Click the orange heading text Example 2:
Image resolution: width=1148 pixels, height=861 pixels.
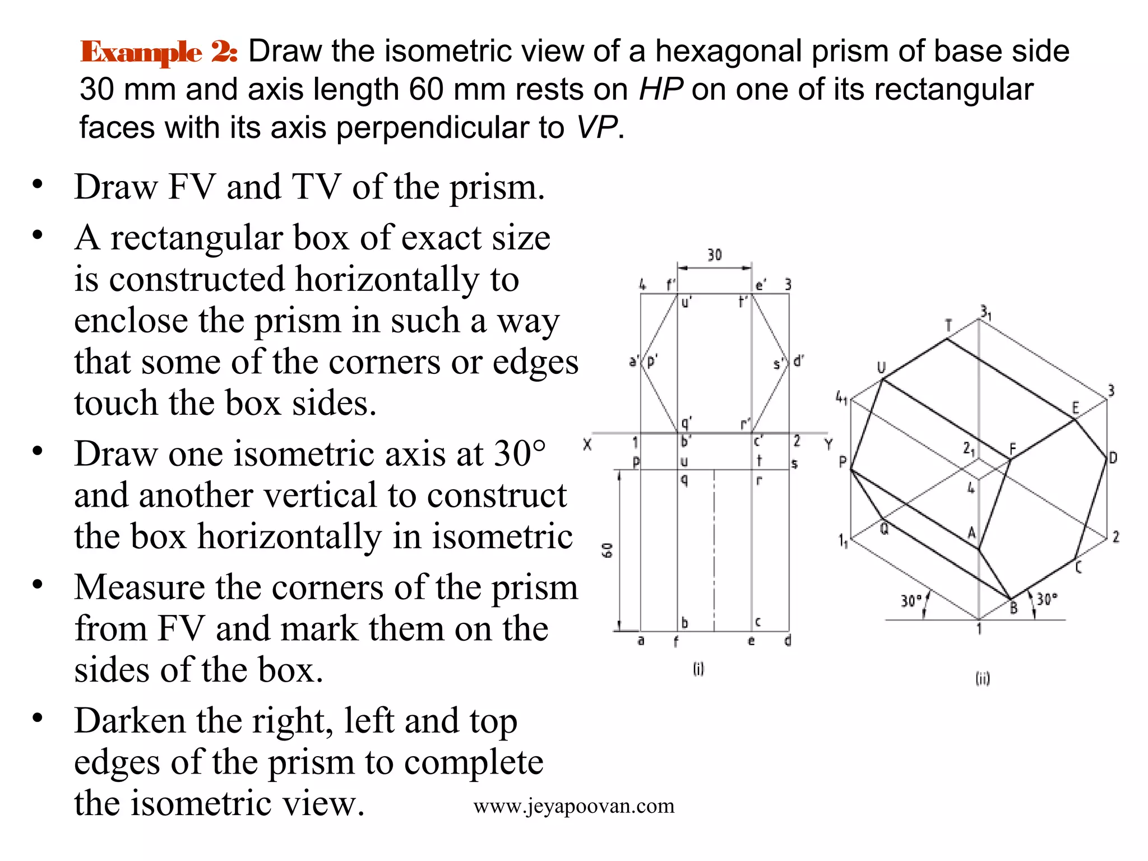point(159,52)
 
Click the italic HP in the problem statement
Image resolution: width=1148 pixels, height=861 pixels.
point(661,89)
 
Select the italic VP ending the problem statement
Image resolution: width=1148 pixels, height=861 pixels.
point(598,127)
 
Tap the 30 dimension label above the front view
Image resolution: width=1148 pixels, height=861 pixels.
point(714,255)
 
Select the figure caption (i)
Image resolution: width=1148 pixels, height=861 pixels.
point(698,669)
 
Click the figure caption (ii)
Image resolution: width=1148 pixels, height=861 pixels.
point(983,679)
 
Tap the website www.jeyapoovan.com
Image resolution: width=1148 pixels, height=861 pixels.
point(574,806)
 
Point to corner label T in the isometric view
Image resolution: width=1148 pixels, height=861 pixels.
point(948,326)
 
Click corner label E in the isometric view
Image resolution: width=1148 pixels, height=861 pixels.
point(1075,408)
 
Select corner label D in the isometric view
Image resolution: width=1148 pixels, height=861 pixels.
point(1113,458)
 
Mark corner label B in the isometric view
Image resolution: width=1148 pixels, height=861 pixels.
point(1013,608)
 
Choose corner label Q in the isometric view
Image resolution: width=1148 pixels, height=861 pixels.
point(884,529)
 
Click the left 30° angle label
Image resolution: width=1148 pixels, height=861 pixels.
point(911,601)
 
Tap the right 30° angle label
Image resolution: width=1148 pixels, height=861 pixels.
point(1047,599)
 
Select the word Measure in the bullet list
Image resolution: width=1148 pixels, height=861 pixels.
point(140,587)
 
